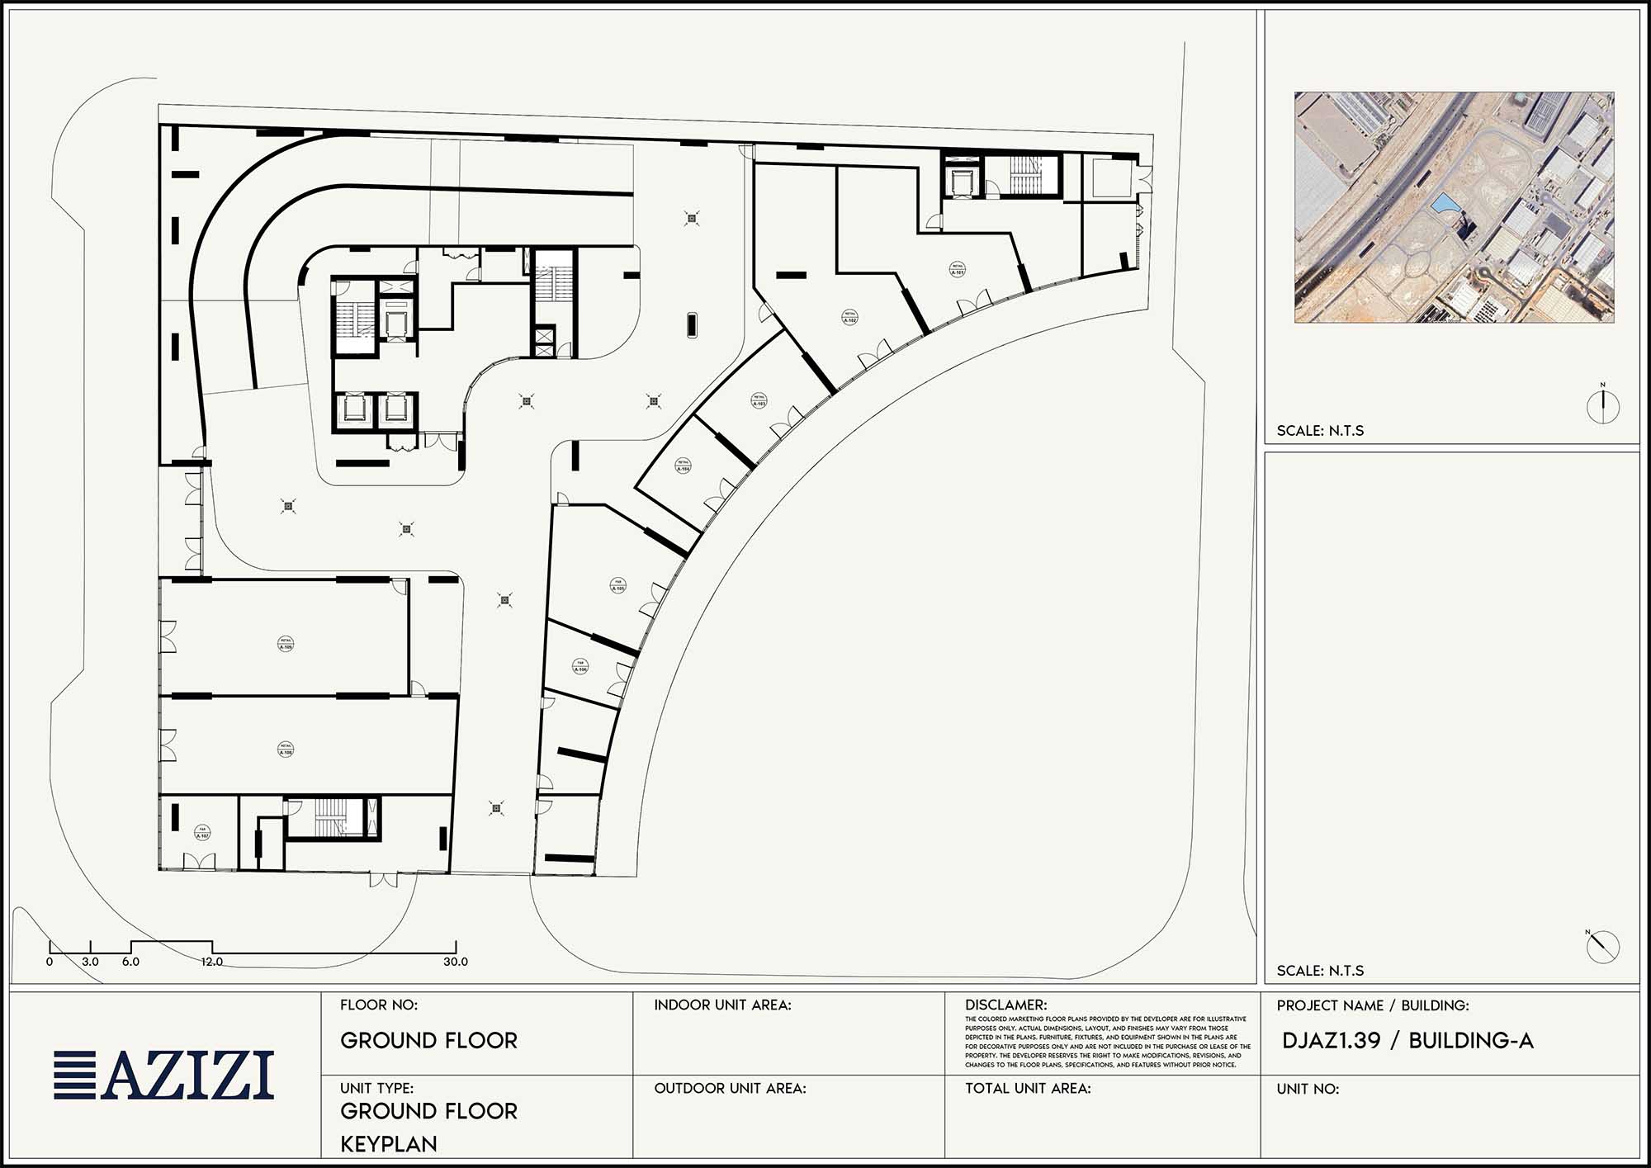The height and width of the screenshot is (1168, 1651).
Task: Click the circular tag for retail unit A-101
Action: pyautogui.click(x=958, y=270)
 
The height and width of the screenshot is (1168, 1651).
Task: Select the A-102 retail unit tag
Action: pyautogui.click(x=849, y=317)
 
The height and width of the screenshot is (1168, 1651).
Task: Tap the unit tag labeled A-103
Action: pyautogui.click(x=759, y=400)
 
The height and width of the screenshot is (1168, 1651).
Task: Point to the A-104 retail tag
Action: pyautogui.click(x=683, y=466)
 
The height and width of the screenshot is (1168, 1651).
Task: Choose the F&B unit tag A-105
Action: pyautogui.click(x=618, y=585)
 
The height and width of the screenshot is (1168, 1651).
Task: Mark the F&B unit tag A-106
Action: pyautogui.click(x=581, y=666)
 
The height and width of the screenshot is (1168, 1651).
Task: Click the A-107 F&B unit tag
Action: pyautogui.click(x=202, y=832)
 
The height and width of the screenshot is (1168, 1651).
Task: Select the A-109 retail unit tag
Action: pyautogui.click(x=286, y=644)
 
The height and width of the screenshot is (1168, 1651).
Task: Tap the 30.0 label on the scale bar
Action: pyautogui.click(x=456, y=962)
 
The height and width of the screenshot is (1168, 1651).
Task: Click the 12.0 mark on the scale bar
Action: pyautogui.click(x=211, y=962)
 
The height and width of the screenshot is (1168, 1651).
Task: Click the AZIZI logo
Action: pyautogui.click(x=163, y=1075)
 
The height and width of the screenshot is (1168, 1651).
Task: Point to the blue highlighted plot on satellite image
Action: pyautogui.click(x=1444, y=202)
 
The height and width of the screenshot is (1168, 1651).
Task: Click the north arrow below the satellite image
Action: pyautogui.click(x=1603, y=406)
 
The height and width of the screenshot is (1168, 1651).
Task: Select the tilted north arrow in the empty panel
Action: pyautogui.click(x=1602, y=946)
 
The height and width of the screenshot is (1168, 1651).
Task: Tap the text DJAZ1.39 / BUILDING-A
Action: pyautogui.click(x=1407, y=1040)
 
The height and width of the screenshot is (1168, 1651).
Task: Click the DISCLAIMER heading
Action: pyautogui.click(x=1005, y=1005)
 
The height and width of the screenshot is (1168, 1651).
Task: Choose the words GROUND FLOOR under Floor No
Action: pyautogui.click(x=428, y=1040)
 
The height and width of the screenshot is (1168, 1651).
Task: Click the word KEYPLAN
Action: pyautogui.click(x=389, y=1143)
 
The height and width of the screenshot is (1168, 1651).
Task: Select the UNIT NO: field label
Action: pyautogui.click(x=1308, y=1089)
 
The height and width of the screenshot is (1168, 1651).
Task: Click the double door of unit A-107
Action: pyautogui.click(x=199, y=861)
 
